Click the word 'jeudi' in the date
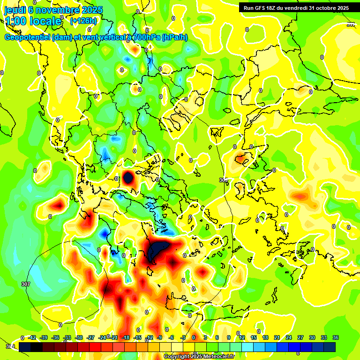tap(15, 9)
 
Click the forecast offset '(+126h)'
tap(83, 21)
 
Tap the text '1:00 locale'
tap(33, 21)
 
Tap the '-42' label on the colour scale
tap(32, 337)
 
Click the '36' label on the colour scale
tap(335, 337)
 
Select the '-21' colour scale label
tap(114, 337)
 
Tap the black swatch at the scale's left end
tap(25, 346)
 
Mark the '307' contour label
tap(26, 284)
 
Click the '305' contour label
tap(223, 180)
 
